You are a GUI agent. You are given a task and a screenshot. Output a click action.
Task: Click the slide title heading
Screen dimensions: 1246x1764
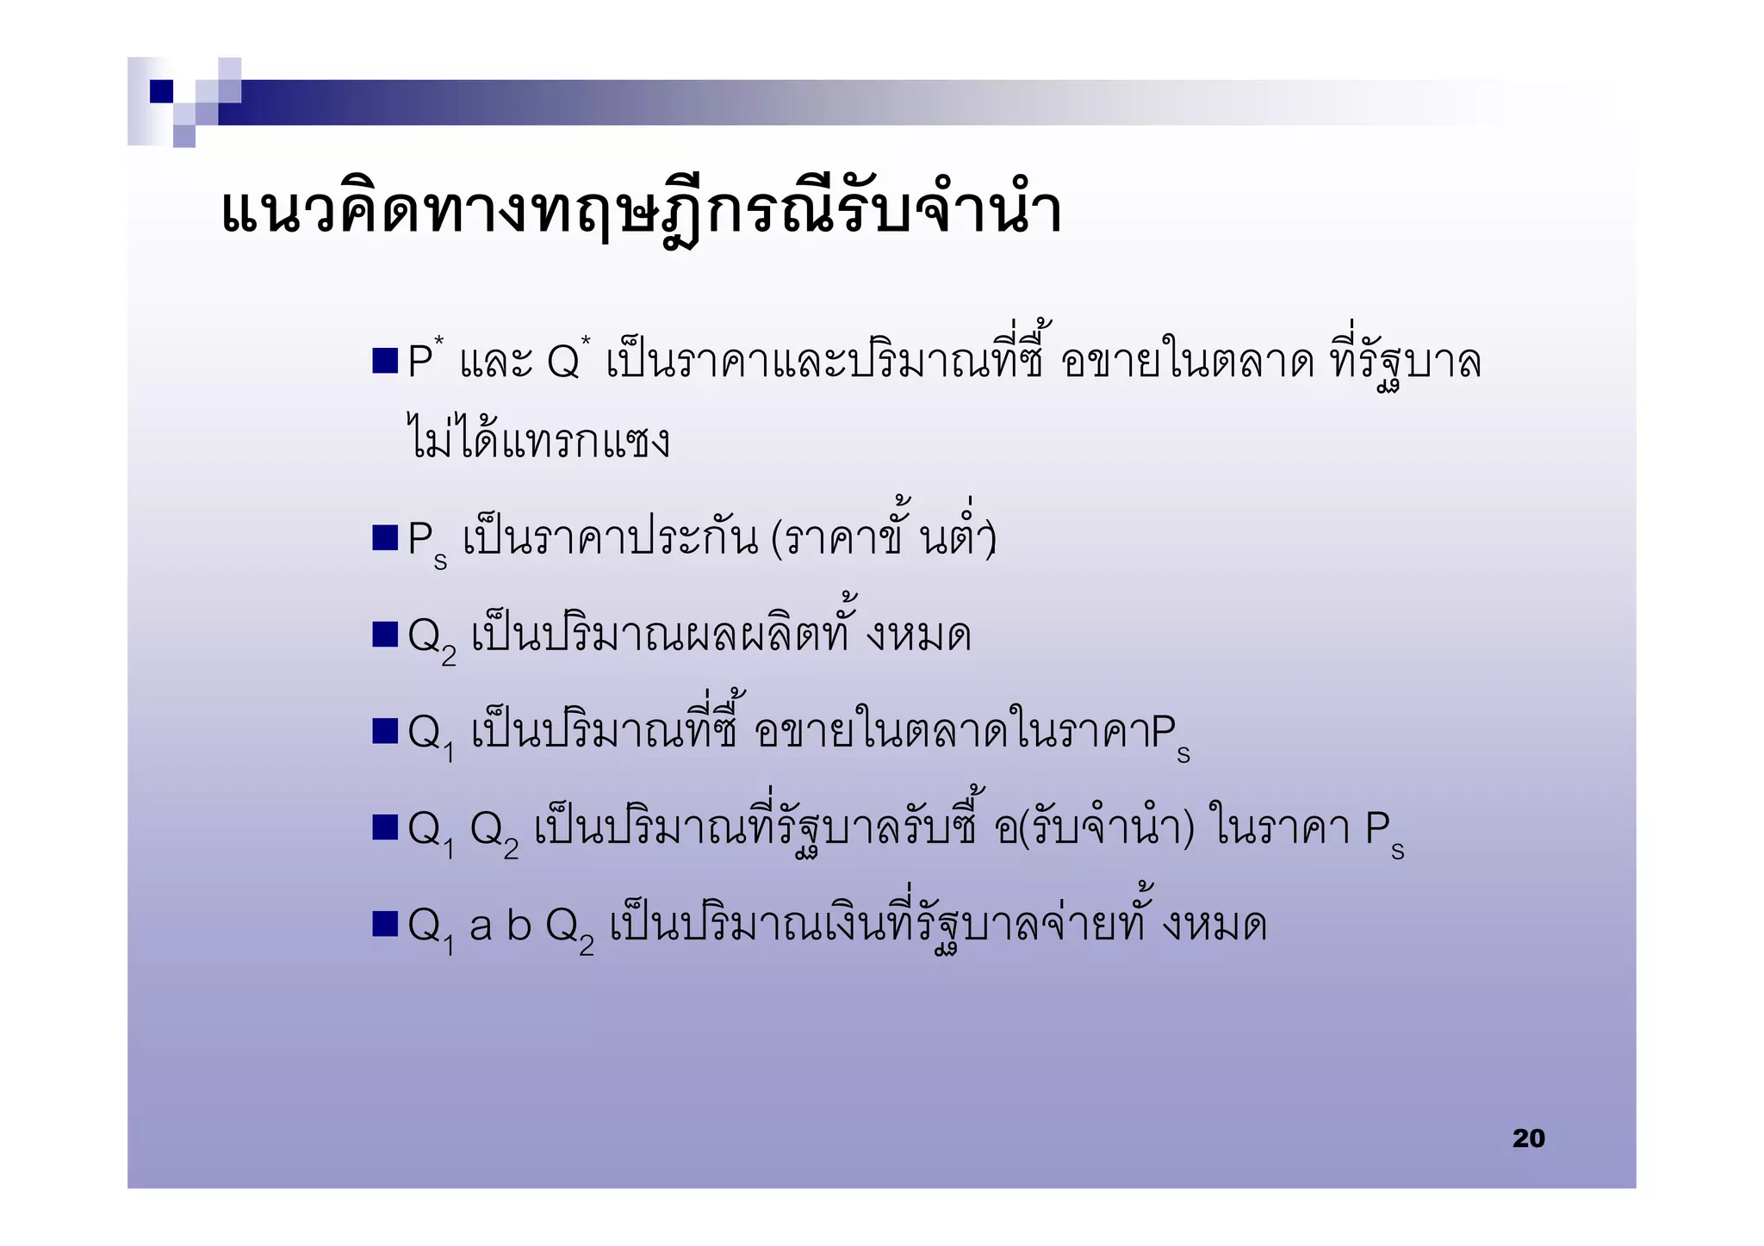641,211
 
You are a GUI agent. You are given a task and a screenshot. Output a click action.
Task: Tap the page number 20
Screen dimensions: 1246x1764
1528,1138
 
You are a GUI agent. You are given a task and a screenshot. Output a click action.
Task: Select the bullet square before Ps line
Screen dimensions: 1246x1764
384,537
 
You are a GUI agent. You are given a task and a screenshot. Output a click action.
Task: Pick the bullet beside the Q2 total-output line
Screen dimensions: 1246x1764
384,635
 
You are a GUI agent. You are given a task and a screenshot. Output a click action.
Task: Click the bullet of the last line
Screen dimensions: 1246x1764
384,925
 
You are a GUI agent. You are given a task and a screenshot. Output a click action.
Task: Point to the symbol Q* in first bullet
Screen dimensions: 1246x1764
568,360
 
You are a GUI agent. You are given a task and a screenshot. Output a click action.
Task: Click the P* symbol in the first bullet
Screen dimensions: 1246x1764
425,360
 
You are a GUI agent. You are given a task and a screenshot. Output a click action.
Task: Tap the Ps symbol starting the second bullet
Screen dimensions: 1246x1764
427,542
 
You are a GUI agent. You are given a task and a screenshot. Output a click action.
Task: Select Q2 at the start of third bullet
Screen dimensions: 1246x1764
431,640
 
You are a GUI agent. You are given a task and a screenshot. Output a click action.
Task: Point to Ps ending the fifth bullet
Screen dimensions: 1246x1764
1384,834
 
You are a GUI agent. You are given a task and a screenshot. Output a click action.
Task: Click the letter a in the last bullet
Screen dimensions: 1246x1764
481,927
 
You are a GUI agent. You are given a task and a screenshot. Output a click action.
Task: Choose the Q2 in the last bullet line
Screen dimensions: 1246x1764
569,930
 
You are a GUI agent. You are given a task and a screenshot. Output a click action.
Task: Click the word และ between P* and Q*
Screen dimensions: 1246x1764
496,362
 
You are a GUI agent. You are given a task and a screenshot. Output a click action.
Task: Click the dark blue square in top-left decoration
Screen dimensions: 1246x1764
162,91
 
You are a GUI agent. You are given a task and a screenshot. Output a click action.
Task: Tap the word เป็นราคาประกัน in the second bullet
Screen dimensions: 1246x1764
611,539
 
